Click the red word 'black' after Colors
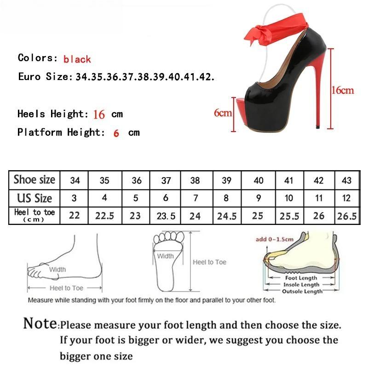[77, 59]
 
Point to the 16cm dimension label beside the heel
[342, 90]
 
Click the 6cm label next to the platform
[223, 113]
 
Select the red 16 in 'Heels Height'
[99, 115]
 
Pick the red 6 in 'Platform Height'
[116, 133]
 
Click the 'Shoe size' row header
[34, 180]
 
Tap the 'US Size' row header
[34, 198]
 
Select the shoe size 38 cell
[195, 180]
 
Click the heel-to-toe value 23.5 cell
[166, 216]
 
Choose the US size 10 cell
[289, 198]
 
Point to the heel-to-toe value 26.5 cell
[347, 216]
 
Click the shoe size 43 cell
[347, 180]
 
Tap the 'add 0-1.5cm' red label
[275, 239]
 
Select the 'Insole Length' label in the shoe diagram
[301, 285]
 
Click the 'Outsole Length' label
[302, 291]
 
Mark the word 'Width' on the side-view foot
[57, 270]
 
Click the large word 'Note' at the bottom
[40, 323]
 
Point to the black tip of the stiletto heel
[318, 127]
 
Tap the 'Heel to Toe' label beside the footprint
[210, 262]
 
